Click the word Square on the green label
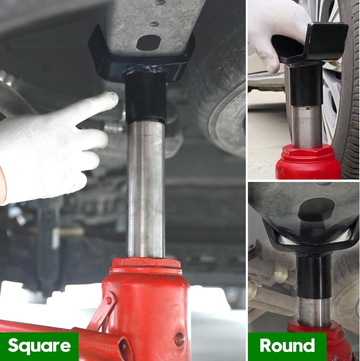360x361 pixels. (x=39, y=346)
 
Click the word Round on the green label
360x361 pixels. (x=287, y=346)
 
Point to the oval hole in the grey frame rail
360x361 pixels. (x=148, y=43)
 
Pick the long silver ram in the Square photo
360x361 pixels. (x=146, y=188)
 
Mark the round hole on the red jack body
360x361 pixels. (x=179, y=339)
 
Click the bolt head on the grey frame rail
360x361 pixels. (x=154, y=24)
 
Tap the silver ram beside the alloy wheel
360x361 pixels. (x=307, y=126)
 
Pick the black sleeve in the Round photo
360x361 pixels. (x=314, y=274)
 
